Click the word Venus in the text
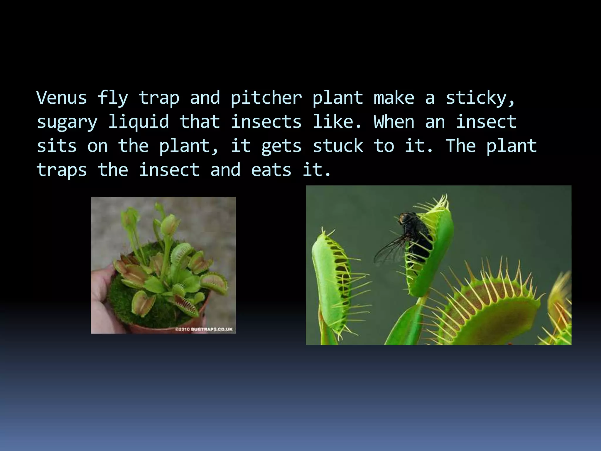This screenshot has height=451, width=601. (62, 97)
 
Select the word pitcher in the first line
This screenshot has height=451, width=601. (266, 98)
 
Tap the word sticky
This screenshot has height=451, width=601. (480, 98)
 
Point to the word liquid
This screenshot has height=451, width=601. (139, 122)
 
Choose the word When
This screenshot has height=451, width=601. (394, 122)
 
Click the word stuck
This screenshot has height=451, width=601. (338, 146)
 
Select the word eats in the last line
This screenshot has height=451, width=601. (271, 170)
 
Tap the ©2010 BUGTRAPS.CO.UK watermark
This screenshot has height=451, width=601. (204, 329)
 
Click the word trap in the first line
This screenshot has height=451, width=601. (158, 98)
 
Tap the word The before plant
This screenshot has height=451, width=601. (460, 146)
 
